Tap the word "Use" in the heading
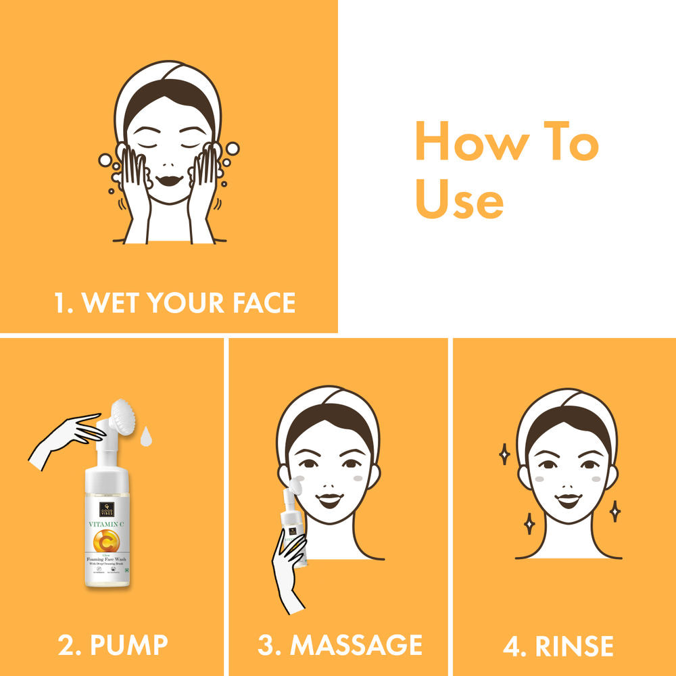pyautogui.click(x=459, y=200)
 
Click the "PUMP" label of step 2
pyautogui.click(x=128, y=645)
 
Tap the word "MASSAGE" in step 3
pyautogui.click(x=356, y=645)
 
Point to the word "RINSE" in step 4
pyautogui.click(x=575, y=646)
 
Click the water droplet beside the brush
pyautogui.click(x=146, y=437)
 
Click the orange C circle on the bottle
pyautogui.click(x=107, y=541)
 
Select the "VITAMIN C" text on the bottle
pyautogui.click(x=107, y=523)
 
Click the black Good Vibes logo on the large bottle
pyautogui.click(x=107, y=509)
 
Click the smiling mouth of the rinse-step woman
pyautogui.click(x=568, y=501)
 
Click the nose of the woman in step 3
pyautogui.click(x=329, y=482)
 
